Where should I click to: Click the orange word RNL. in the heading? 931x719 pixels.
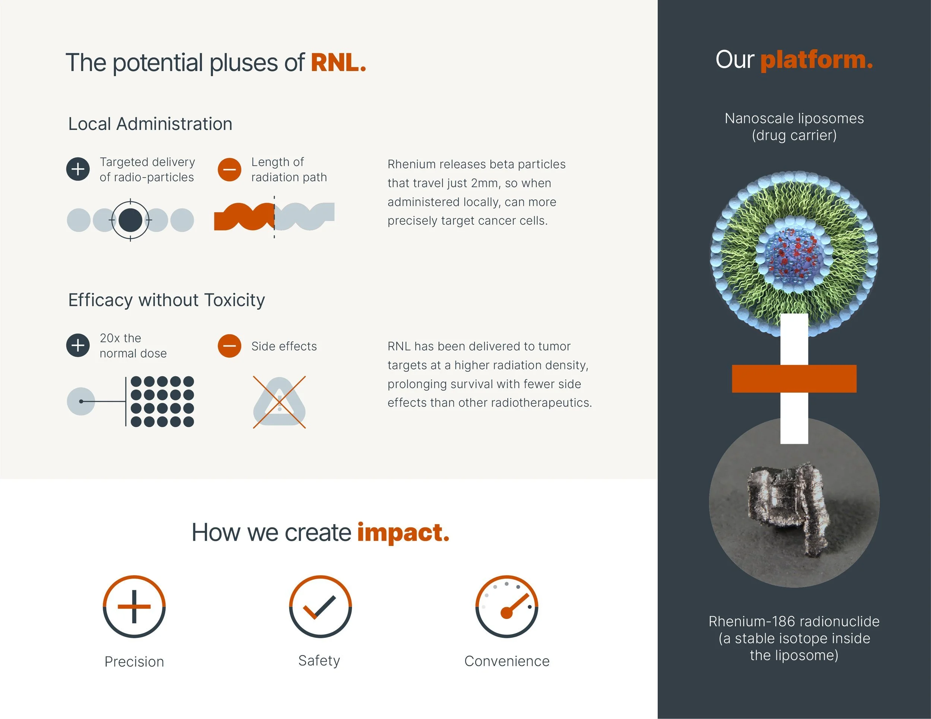point(338,63)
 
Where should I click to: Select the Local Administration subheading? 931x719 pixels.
point(150,124)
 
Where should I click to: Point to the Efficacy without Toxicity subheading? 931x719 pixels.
point(166,300)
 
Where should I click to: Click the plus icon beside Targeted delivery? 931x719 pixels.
point(78,169)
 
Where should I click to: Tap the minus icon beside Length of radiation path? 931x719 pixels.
point(229,170)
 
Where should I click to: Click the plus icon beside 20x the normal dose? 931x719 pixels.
point(78,345)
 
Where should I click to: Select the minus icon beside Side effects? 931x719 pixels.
point(229,346)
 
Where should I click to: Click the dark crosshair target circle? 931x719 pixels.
point(130,220)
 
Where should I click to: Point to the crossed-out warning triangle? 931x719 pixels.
point(279,402)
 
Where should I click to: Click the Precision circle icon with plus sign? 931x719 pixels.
point(134,607)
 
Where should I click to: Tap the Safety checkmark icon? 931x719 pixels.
point(320,607)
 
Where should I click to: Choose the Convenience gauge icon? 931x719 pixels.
point(506,607)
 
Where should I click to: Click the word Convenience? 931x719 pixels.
point(506,661)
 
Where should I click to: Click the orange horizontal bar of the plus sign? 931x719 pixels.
point(794,378)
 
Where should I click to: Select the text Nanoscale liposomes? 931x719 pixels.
point(794,118)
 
